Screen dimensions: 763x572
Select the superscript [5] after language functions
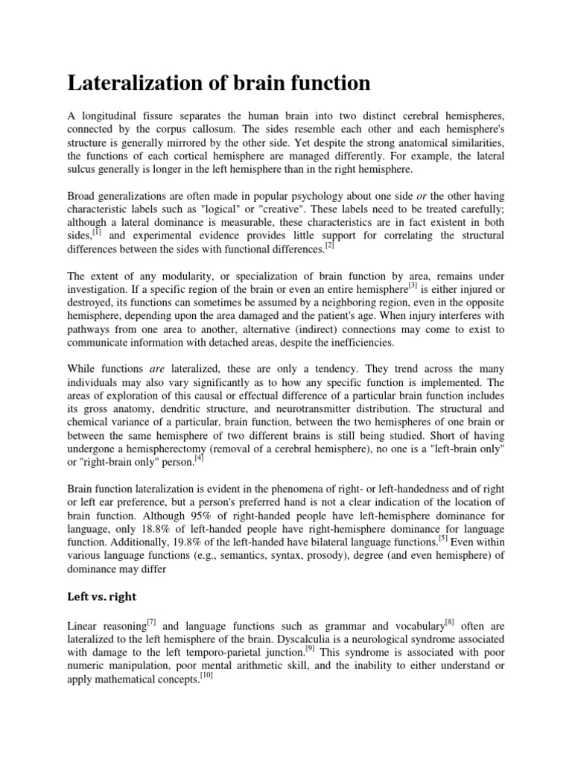(x=444, y=536)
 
